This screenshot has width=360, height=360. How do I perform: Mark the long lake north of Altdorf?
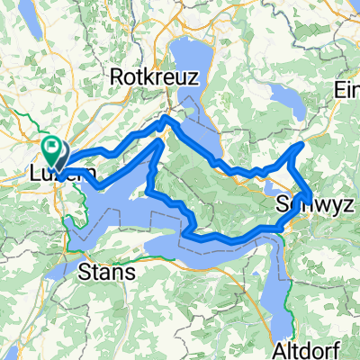pos(278,270)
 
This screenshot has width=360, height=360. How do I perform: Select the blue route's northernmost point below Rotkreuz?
pos(164,117)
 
